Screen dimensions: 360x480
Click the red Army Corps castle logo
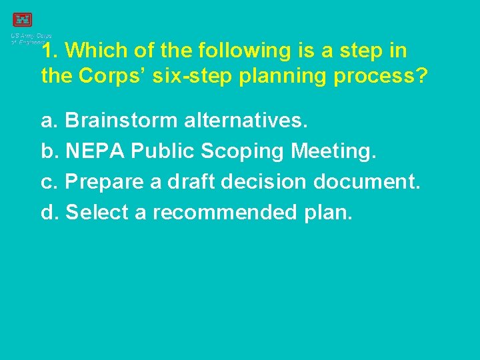tap(22, 20)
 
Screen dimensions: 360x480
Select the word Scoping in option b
tap(243, 151)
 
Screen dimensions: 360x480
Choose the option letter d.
tap(48, 213)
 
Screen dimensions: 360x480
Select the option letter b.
tap(48, 151)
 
